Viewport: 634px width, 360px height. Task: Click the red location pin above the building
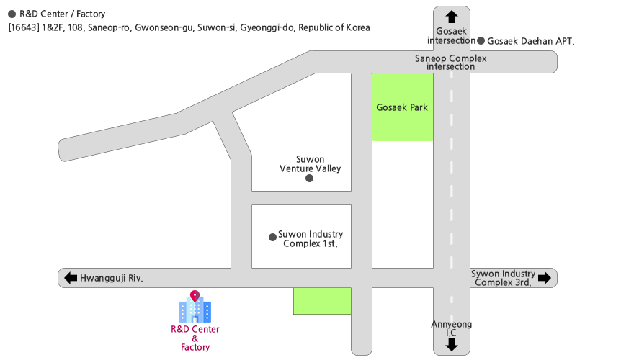pyautogui.click(x=195, y=295)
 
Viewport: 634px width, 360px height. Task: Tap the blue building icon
pyautogui.click(x=195, y=310)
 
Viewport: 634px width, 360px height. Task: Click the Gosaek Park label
pyautogui.click(x=402, y=108)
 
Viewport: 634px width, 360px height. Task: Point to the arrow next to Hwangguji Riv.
pyautogui.click(x=71, y=278)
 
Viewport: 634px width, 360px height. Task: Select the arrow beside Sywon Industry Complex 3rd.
pyautogui.click(x=545, y=278)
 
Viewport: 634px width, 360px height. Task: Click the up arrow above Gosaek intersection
pyautogui.click(x=452, y=17)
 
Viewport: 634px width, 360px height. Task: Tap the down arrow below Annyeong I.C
pyautogui.click(x=452, y=345)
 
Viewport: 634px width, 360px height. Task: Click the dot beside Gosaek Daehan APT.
pyautogui.click(x=481, y=41)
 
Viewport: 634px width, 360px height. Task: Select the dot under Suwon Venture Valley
pyautogui.click(x=310, y=179)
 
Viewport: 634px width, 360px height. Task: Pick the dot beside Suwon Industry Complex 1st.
pyautogui.click(x=272, y=237)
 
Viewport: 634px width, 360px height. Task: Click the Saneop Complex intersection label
pyautogui.click(x=451, y=63)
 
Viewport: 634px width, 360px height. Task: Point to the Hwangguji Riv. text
pyautogui.click(x=112, y=278)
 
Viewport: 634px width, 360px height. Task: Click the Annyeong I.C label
pyautogui.click(x=452, y=328)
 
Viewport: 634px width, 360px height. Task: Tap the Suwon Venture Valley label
pyautogui.click(x=311, y=164)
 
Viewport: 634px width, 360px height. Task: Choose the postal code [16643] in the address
pyautogui.click(x=24, y=28)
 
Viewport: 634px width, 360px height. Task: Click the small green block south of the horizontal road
pyautogui.click(x=322, y=301)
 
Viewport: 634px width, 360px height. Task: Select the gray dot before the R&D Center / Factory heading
pyautogui.click(x=12, y=14)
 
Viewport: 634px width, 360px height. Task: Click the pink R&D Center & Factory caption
pyautogui.click(x=195, y=338)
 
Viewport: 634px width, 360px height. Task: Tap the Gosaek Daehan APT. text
pyautogui.click(x=531, y=41)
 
